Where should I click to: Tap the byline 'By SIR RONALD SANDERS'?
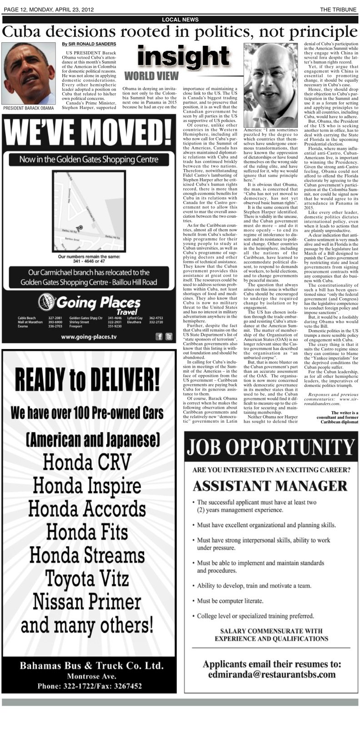[x=89, y=44]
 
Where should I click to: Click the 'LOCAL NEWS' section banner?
[x=180, y=20]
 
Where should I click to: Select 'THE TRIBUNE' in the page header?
[x=338, y=10]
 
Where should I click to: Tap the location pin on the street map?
[x=80, y=227]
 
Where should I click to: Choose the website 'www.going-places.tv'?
[x=89, y=337]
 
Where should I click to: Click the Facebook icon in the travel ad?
[x=159, y=337]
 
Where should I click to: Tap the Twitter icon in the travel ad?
[x=169, y=337]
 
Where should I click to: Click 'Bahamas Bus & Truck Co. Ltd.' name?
[x=91, y=666]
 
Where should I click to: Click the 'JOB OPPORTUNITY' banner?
[x=271, y=446]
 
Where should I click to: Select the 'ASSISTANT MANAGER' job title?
[x=270, y=486]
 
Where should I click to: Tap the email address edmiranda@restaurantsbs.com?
[x=272, y=675]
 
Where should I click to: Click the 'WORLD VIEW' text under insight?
[x=151, y=75]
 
